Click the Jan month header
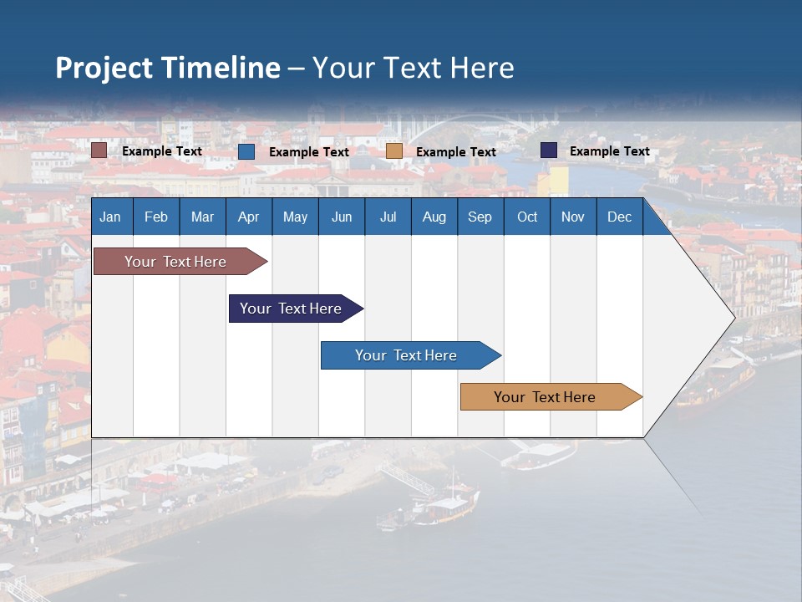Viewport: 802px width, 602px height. click(x=110, y=217)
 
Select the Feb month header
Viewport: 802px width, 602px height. click(x=156, y=217)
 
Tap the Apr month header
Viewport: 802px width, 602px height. click(x=248, y=217)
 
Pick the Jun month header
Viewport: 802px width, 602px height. click(x=342, y=217)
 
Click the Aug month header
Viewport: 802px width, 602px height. click(x=434, y=217)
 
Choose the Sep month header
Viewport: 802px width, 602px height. click(x=480, y=217)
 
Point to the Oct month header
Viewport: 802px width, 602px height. click(x=527, y=217)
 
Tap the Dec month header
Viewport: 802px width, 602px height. click(x=619, y=217)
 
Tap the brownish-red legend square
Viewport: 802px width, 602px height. click(x=99, y=150)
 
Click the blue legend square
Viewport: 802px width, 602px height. click(x=246, y=151)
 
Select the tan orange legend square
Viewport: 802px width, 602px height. click(x=394, y=151)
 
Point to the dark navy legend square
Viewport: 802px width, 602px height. click(x=548, y=150)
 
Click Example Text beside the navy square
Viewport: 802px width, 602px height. click(x=609, y=151)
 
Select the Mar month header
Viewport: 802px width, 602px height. click(x=202, y=217)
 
